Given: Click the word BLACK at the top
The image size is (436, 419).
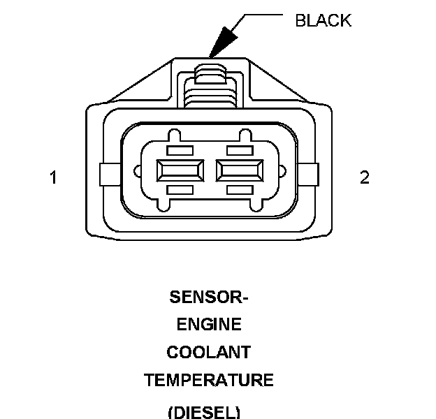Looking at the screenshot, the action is pyautogui.click(x=323, y=20).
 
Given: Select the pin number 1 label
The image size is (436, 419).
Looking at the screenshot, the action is pyautogui.click(x=53, y=177).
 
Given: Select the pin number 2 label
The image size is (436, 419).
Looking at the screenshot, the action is pyautogui.click(x=365, y=177).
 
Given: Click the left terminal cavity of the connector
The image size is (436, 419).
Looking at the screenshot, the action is pyautogui.click(x=180, y=170).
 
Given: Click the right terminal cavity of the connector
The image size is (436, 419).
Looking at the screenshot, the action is pyautogui.click(x=240, y=170).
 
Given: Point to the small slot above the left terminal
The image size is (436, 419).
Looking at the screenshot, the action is pyautogui.click(x=180, y=151).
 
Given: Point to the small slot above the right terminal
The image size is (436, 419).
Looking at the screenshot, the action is pyautogui.click(x=240, y=151).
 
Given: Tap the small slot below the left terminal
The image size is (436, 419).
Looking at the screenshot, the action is pyautogui.click(x=180, y=190).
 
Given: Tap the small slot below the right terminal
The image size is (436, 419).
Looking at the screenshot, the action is pyautogui.click(x=240, y=190).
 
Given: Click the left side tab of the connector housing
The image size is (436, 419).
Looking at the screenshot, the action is pyautogui.click(x=110, y=175).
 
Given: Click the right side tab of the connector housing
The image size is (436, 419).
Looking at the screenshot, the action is pyautogui.click(x=308, y=175).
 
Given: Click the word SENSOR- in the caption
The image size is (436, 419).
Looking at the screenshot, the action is pyautogui.click(x=208, y=297).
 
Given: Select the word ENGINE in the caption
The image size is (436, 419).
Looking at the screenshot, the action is pyautogui.click(x=209, y=324).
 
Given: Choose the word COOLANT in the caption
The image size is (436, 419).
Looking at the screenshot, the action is pyautogui.click(x=209, y=352).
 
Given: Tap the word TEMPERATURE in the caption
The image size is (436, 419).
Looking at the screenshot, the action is pyautogui.click(x=209, y=380).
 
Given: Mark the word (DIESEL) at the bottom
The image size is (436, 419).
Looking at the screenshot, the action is pyautogui.click(x=204, y=412).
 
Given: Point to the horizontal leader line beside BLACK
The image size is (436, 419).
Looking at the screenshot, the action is pyautogui.click(x=263, y=15).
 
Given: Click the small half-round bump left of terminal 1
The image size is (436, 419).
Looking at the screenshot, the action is pyautogui.click(x=138, y=171).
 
